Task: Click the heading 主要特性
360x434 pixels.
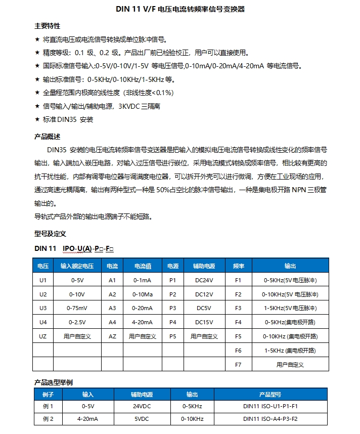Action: (47, 26)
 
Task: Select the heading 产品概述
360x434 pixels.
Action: (47, 137)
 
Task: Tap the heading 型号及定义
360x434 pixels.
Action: (50, 234)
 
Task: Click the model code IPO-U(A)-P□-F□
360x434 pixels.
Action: (89, 248)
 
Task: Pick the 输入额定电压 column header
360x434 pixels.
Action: (77, 266)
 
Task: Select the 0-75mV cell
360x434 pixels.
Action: (77, 308)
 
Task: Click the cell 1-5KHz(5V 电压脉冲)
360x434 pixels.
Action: (290, 308)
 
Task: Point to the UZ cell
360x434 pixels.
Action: (43, 336)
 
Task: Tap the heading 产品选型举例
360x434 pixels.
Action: (53, 382)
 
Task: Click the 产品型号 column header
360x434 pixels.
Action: (270, 395)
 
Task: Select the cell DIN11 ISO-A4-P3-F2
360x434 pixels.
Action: (270, 419)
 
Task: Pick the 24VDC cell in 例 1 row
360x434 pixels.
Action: (142, 406)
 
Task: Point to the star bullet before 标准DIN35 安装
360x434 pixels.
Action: (37, 120)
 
